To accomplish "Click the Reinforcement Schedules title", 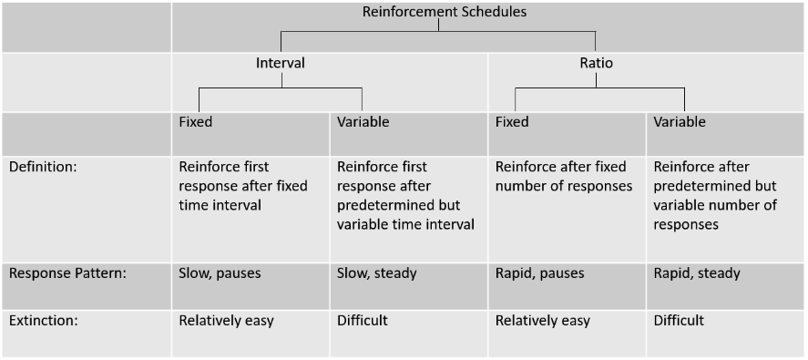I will [x=444, y=12].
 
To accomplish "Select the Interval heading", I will [x=280, y=64].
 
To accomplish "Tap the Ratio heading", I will [x=596, y=64].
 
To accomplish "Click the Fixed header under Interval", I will [x=196, y=121].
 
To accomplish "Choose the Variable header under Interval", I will [x=363, y=121].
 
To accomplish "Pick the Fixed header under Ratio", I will [x=512, y=121].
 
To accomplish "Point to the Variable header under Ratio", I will [x=680, y=121].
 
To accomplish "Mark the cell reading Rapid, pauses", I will [x=539, y=273].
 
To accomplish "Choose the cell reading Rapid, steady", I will [x=697, y=273].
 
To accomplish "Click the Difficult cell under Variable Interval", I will [x=363, y=321].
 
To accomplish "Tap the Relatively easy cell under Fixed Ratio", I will [x=543, y=321].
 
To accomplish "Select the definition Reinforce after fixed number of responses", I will [x=563, y=177].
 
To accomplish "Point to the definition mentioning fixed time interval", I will [x=243, y=186].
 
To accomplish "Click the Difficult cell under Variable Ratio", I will [x=679, y=321].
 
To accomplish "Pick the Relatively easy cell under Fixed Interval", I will [x=226, y=321].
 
